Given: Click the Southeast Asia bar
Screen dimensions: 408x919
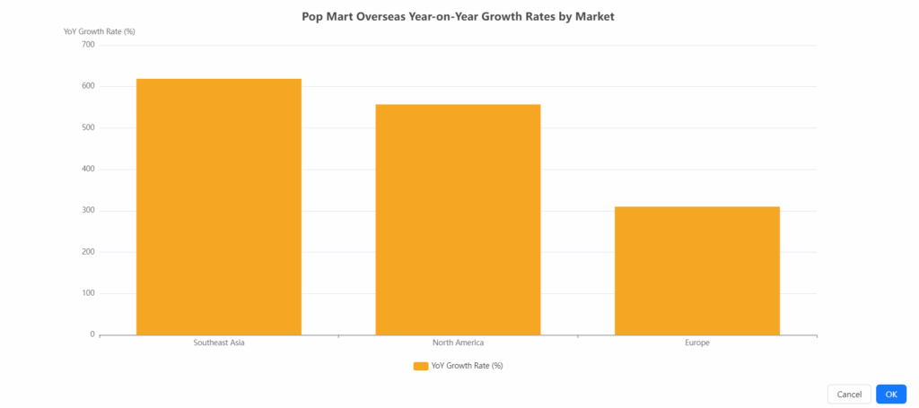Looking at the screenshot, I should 218,206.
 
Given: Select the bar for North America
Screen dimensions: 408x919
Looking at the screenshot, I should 458,219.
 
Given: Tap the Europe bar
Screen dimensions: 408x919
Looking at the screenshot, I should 696,270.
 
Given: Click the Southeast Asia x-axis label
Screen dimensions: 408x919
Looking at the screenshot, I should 218,343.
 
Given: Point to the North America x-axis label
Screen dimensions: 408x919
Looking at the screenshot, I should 458,343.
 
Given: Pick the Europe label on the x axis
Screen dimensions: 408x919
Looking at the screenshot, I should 696,343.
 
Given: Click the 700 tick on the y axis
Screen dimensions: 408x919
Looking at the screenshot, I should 87,45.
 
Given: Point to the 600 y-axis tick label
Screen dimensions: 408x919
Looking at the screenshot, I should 87,86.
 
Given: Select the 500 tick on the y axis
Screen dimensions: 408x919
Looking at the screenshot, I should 87,127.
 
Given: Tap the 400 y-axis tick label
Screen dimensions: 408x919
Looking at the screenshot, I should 87,169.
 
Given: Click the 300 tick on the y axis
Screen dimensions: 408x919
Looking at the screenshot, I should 87,211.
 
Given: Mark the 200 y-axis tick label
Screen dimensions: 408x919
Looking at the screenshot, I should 87,252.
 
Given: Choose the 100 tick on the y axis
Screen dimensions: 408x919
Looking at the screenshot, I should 87,293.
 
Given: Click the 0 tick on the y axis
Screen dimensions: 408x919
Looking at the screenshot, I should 92,334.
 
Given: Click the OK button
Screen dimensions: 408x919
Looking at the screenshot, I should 890,395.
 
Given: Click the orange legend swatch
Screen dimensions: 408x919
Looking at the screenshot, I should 420,366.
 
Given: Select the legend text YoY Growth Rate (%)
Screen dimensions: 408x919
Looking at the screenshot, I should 467,366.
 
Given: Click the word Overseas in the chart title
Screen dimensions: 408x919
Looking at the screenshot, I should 366,16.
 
